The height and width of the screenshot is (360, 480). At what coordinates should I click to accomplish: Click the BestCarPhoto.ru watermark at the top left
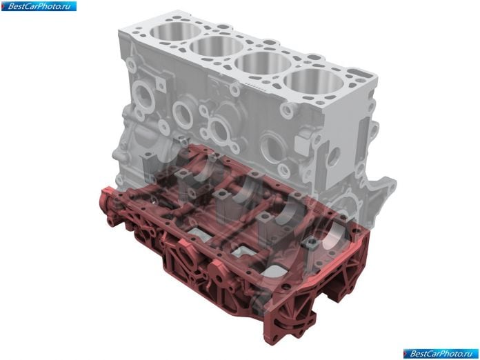click(x=39, y=6)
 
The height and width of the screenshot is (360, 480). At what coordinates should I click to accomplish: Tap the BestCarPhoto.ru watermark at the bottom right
click(x=441, y=354)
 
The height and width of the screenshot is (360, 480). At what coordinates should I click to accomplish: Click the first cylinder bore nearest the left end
click(x=175, y=32)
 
